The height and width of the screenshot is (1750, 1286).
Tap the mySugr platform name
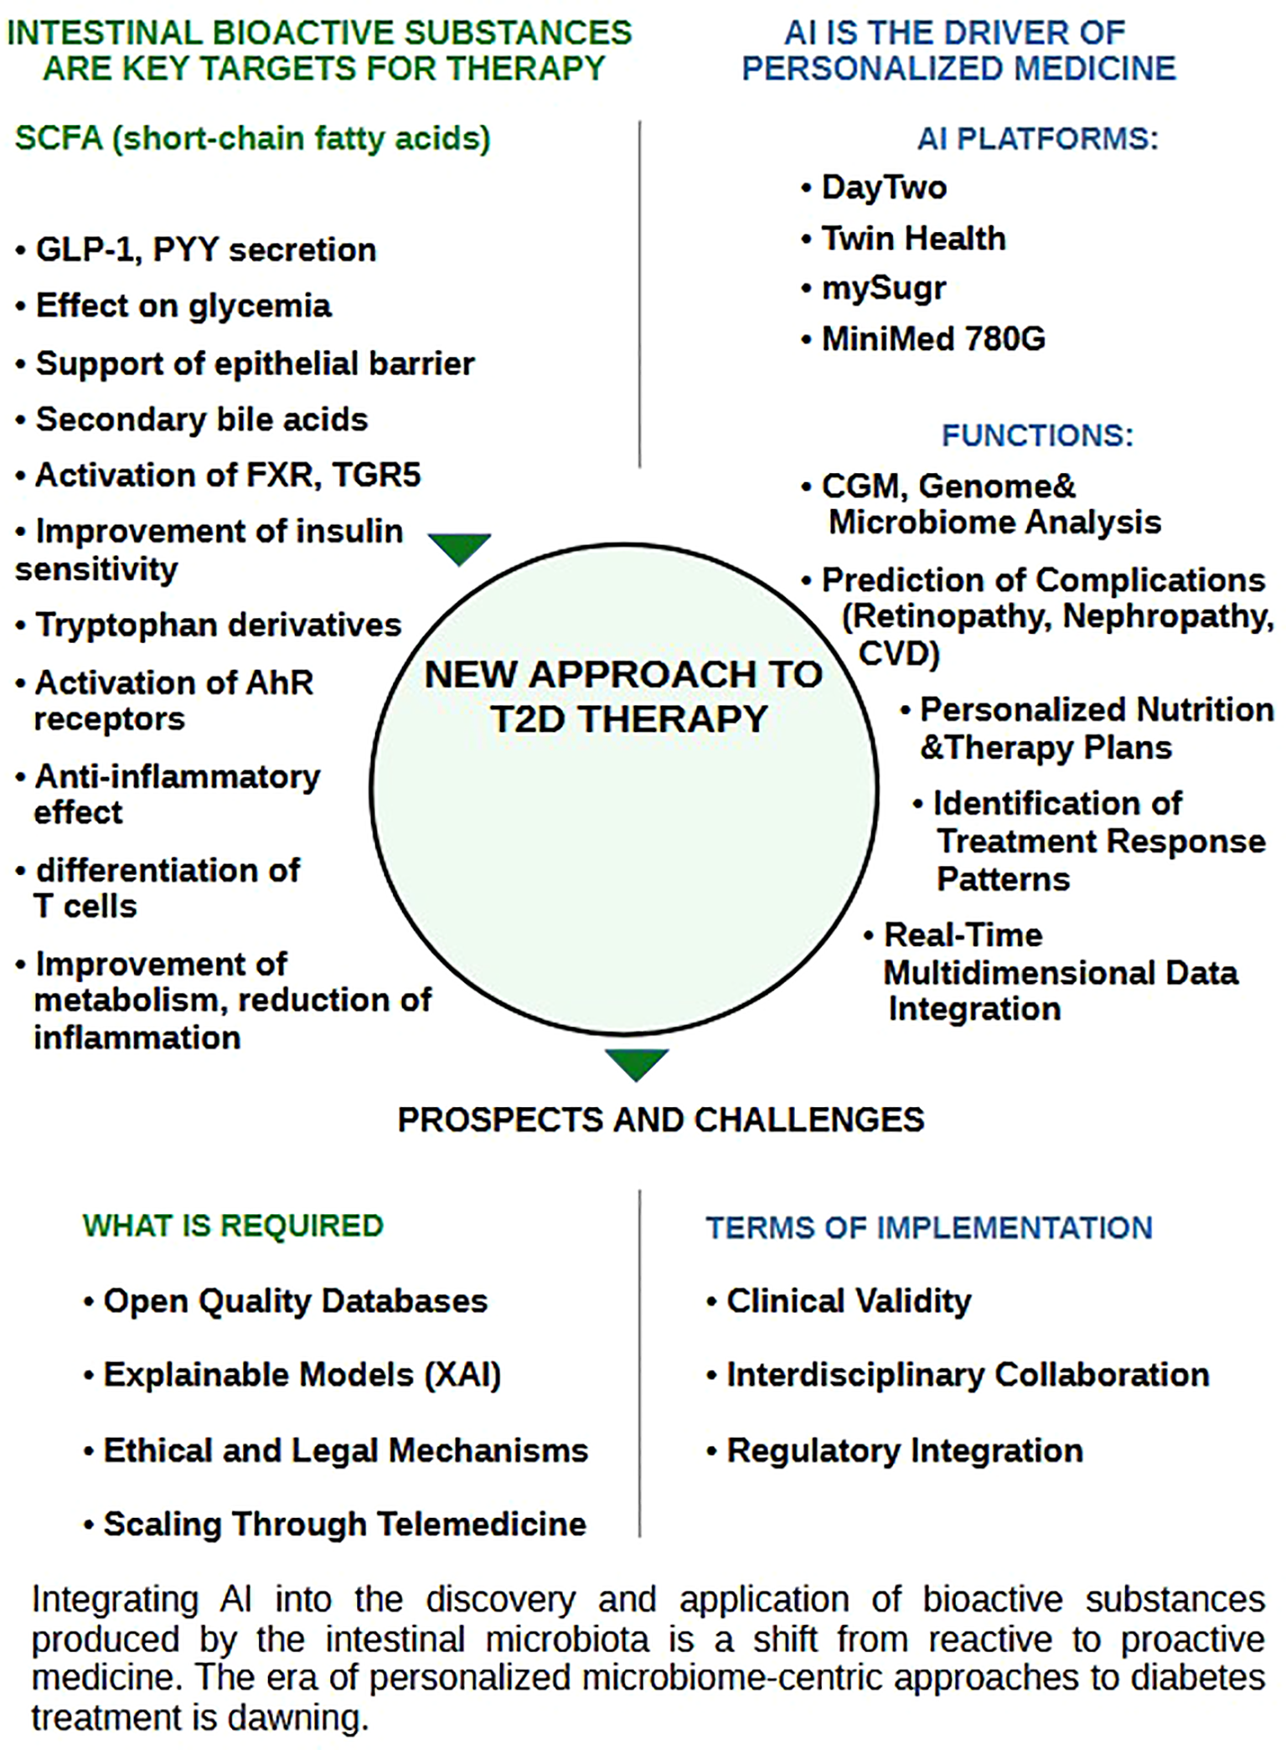pyautogui.click(x=883, y=288)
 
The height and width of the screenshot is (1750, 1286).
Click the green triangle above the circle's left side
pyautogui.click(x=459, y=548)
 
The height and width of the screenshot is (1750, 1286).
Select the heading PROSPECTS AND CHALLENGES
pyautogui.click(x=660, y=1119)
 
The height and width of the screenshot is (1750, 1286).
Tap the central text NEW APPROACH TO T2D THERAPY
pyautogui.click(x=624, y=697)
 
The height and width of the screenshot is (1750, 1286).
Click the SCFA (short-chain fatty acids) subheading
pyautogui.click(x=252, y=138)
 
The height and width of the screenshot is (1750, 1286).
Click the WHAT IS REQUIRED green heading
pyautogui.click(x=233, y=1226)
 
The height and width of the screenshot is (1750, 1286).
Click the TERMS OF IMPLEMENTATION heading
pyautogui.click(x=929, y=1228)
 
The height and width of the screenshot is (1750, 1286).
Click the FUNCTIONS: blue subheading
pyautogui.click(x=1037, y=435)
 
